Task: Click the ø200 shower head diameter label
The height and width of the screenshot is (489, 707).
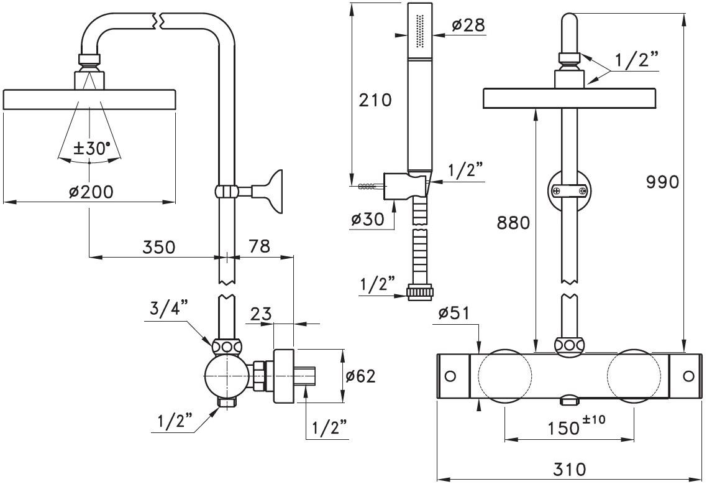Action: click(91, 192)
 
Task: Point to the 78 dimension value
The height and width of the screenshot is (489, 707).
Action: click(259, 246)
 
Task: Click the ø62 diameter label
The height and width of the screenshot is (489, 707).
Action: click(361, 376)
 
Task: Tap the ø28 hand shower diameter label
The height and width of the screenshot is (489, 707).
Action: click(468, 25)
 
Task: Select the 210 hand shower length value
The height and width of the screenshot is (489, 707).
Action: click(375, 100)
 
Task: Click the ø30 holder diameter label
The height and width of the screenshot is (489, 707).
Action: click(366, 219)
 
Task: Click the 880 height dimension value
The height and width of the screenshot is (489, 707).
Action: click(514, 223)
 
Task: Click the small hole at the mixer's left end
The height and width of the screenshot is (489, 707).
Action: click(450, 376)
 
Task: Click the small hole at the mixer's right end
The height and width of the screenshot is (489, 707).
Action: click(688, 376)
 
